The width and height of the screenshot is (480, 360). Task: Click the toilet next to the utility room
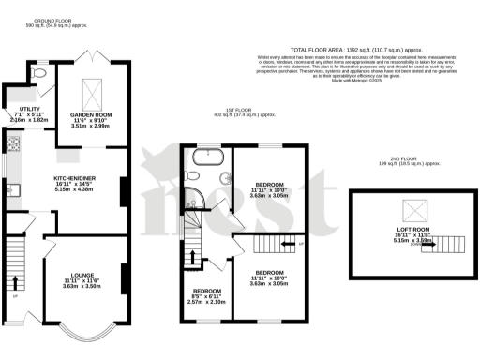(37, 70)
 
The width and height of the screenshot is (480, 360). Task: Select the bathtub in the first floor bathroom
(203, 157)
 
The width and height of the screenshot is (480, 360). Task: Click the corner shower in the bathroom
(193, 198)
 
